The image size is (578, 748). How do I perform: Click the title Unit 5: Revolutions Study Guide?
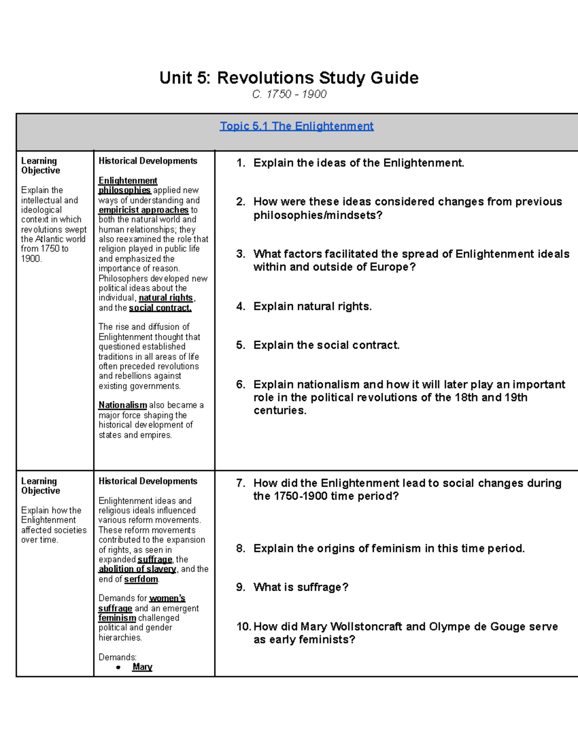pos(289,78)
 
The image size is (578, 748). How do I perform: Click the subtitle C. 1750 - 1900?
pos(289,94)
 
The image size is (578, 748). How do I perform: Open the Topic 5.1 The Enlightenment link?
pos(296,126)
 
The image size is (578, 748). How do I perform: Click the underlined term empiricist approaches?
pos(144,210)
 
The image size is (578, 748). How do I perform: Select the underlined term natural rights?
pos(166,298)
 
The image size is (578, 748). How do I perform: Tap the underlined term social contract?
pos(160,308)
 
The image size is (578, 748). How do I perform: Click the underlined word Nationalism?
pos(123,405)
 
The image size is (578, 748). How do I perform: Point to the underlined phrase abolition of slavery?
pos(138,569)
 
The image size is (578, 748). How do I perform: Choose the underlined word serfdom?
pos(141,579)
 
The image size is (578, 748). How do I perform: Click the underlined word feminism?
pos(117,618)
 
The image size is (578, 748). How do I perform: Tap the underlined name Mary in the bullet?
pos(142,667)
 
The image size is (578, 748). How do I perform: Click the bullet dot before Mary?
pos(118,668)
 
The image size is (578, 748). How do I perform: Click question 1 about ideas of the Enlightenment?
pos(359,163)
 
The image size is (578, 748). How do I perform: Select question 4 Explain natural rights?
pos(312,306)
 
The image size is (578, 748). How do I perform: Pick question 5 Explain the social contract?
pos(326,345)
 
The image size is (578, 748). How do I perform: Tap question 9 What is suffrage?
pos(301,587)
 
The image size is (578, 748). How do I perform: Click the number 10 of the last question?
pos(243,627)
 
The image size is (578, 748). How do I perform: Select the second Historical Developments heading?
pos(148,481)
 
